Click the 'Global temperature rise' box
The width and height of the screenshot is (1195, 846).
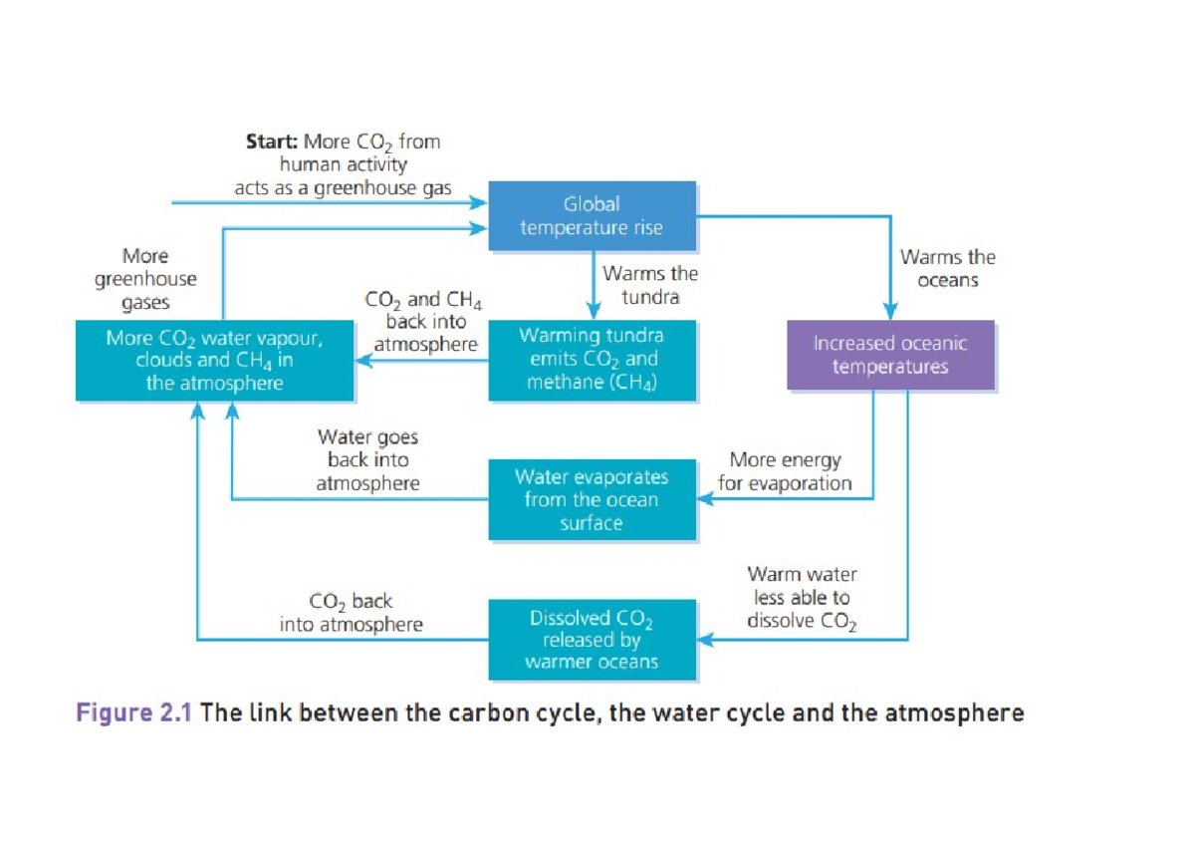(x=592, y=216)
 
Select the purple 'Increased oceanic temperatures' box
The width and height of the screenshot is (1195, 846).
(x=890, y=355)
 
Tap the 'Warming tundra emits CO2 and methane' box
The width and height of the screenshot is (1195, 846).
(x=592, y=360)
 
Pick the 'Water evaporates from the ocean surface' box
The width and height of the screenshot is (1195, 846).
(x=592, y=499)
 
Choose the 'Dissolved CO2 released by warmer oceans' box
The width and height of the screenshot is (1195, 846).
(x=592, y=640)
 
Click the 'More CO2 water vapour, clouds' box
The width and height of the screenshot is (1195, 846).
(x=214, y=360)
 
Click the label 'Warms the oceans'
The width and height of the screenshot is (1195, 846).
(x=947, y=268)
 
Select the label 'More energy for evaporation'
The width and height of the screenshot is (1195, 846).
(x=785, y=471)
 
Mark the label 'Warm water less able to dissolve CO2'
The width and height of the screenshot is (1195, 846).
(x=802, y=598)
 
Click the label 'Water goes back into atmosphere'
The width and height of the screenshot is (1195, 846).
(x=367, y=460)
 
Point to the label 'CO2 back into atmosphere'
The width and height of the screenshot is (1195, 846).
(x=351, y=613)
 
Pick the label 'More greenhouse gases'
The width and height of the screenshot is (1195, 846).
(x=145, y=280)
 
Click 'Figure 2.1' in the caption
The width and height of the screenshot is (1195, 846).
(x=135, y=713)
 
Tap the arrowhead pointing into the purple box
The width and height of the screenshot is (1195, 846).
(x=890, y=312)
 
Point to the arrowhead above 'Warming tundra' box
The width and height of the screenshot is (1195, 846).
(x=593, y=312)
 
